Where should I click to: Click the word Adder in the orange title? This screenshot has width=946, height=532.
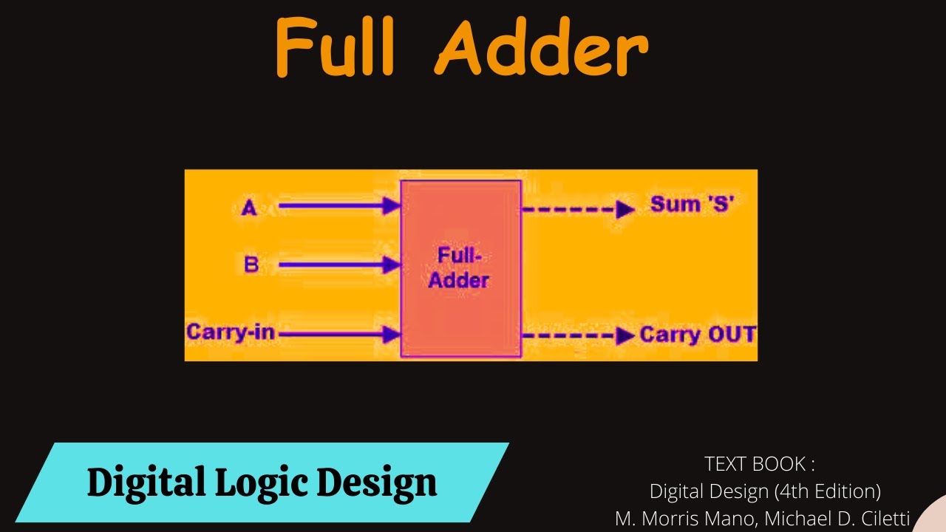pos(543,49)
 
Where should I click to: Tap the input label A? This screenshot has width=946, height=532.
pos(249,208)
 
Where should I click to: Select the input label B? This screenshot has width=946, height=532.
pos(251,264)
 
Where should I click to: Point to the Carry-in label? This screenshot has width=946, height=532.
pos(231,332)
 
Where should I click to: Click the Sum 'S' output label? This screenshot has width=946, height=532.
pos(692,205)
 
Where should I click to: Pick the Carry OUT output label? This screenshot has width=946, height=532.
pos(698,335)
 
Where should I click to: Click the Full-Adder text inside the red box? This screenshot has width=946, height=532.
pos(460,267)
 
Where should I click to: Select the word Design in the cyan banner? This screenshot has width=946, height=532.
pos(377,483)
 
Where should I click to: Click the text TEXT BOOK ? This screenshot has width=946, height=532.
pos(760,464)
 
